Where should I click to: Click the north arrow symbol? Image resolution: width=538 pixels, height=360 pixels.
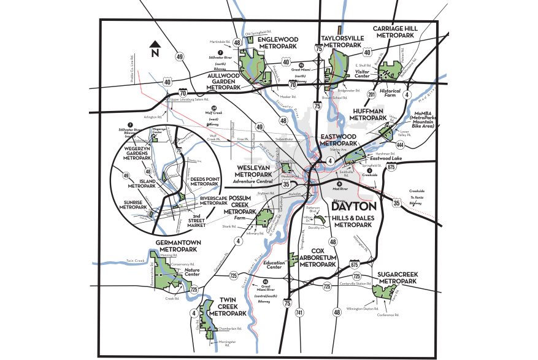pos(155,47)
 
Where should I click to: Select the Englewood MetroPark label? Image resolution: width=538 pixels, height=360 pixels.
pos(278,42)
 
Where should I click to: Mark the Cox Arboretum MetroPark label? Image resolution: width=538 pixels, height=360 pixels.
pos(317,258)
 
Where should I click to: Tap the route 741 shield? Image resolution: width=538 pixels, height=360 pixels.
pos(299,313)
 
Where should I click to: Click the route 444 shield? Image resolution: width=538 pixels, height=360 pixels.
pos(400,145)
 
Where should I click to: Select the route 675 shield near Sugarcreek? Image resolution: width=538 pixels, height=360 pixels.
pos(355,264)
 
